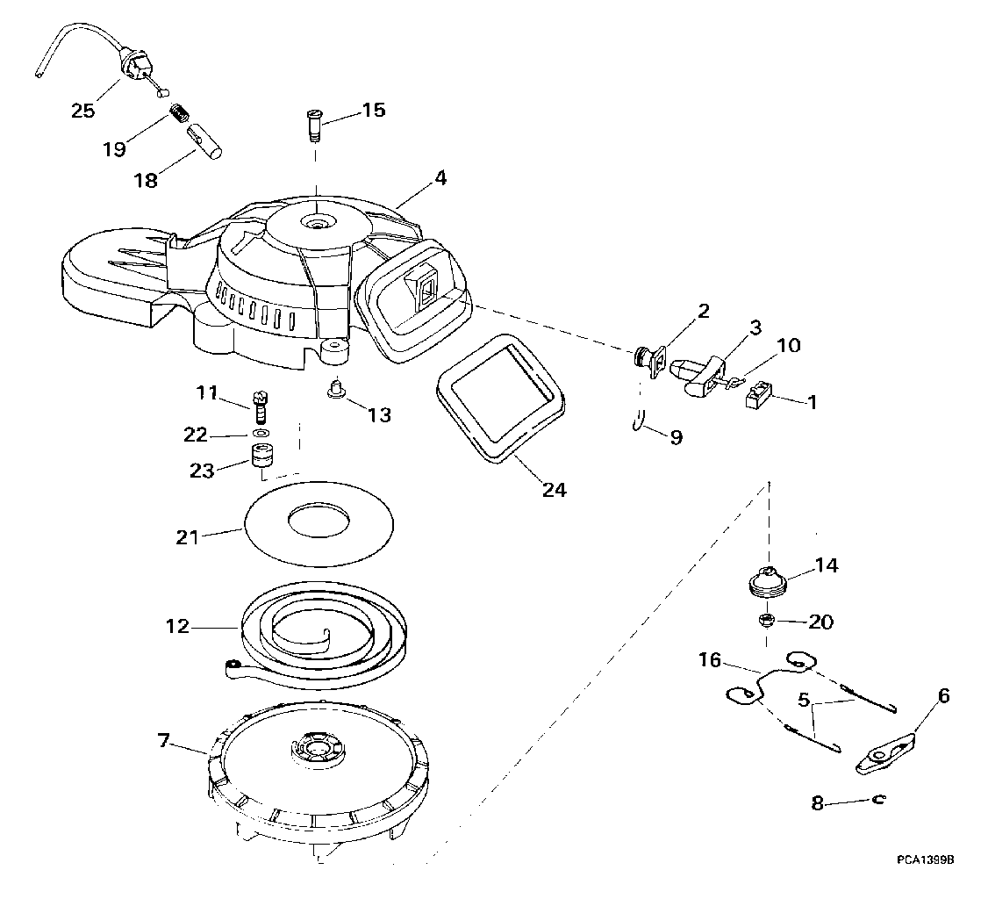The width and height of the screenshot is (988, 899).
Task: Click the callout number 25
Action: pos(83,111)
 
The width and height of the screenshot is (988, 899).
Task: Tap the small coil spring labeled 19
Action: pos(181,114)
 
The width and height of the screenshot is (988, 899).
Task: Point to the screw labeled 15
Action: pos(313,125)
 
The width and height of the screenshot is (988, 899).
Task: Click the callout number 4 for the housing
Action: pos(441,178)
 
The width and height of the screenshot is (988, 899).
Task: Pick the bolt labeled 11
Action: pos(261,407)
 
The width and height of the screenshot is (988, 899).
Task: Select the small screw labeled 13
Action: pos(336,387)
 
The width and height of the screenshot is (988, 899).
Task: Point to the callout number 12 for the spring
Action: pos(177,627)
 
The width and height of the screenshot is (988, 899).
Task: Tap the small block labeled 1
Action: pos(758,397)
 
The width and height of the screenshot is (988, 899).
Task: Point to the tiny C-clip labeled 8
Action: pos(878,799)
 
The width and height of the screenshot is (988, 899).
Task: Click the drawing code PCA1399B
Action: pos(927,859)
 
